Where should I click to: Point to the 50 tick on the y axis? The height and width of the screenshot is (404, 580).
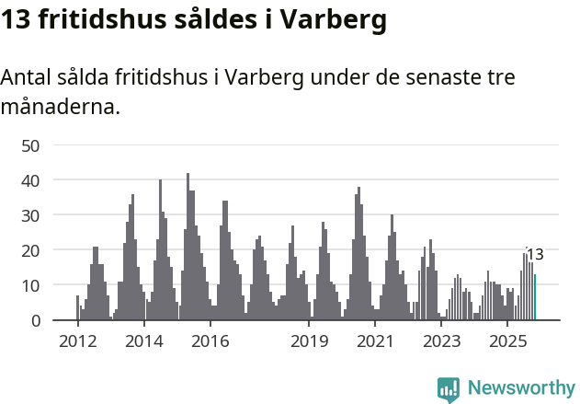pyautogui.click(x=30, y=145)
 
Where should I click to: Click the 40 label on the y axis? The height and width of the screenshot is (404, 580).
pyautogui.click(x=30, y=180)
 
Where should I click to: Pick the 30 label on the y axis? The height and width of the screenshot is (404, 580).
pyautogui.click(x=30, y=215)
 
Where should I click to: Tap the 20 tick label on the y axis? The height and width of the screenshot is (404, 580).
pyautogui.click(x=30, y=250)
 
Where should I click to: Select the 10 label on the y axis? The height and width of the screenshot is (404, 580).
pyautogui.click(x=30, y=285)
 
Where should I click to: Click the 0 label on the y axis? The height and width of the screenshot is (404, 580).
pyautogui.click(x=35, y=320)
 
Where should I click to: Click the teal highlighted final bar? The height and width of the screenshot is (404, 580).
pyautogui.click(x=535, y=297)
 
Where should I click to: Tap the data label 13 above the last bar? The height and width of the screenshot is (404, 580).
pyautogui.click(x=535, y=255)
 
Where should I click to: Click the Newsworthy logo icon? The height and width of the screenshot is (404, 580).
pyautogui.click(x=449, y=388)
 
